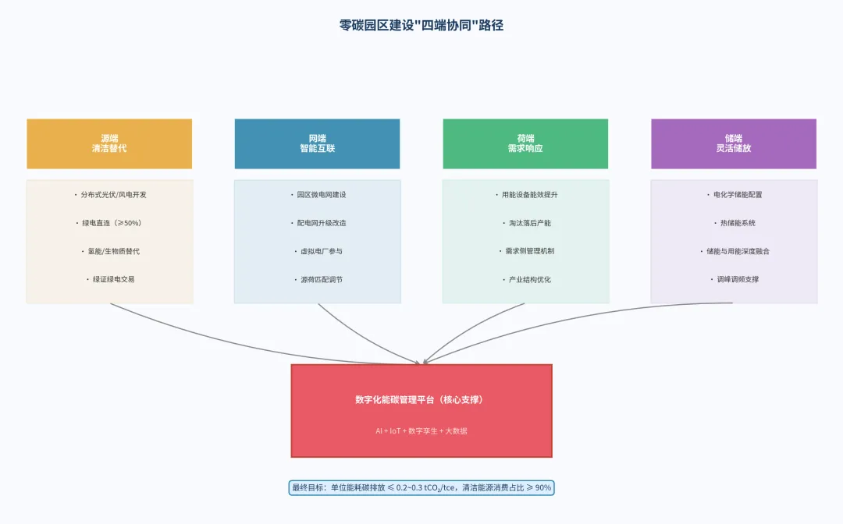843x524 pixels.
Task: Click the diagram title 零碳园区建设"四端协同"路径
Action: click(421, 25)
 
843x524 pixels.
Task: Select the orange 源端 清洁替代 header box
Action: click(109, 143)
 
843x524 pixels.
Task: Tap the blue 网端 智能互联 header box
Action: click(317, 143)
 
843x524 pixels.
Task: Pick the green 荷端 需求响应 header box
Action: click(525, 143)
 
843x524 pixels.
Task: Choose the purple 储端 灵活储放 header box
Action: click(734, 143)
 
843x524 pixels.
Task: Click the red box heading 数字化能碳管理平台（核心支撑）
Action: click(421, 399)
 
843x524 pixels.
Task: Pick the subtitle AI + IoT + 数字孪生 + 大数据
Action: click(421, 430)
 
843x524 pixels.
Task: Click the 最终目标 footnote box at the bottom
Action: click(421, 487)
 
